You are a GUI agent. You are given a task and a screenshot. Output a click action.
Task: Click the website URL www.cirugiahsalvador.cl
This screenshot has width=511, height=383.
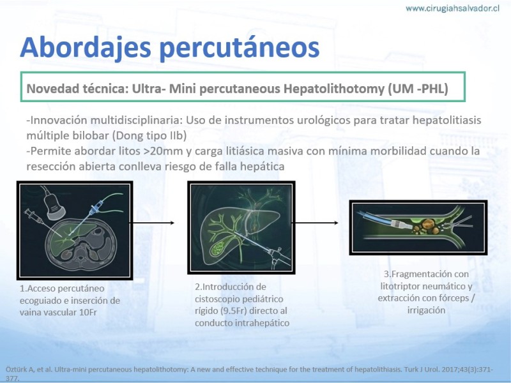coord(452,8)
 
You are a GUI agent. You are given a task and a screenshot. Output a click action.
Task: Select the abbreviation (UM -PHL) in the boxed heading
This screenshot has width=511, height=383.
coord(418,89)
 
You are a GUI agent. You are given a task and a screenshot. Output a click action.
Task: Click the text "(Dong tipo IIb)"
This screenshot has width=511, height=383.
coord(149,135)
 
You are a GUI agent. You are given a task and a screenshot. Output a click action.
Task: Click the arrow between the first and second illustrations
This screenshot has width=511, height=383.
coord(153,223)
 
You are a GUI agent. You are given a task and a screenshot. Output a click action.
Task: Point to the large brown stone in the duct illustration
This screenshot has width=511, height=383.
coord(427,224)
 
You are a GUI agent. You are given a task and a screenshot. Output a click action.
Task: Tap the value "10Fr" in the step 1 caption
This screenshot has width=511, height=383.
coord(88,312)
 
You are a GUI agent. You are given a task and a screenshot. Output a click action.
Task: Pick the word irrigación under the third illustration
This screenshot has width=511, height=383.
coord(426,310)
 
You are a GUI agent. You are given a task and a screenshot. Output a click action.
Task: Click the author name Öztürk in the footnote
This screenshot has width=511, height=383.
coord(15,370)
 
